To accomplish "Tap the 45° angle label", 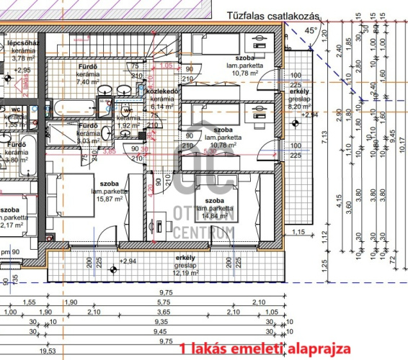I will pyautogui.click(x=310, y=31).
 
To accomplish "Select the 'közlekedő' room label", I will pyautogui.click(x=159, y=91).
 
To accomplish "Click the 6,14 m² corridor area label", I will pyautogui.click(x=159, y=106).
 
